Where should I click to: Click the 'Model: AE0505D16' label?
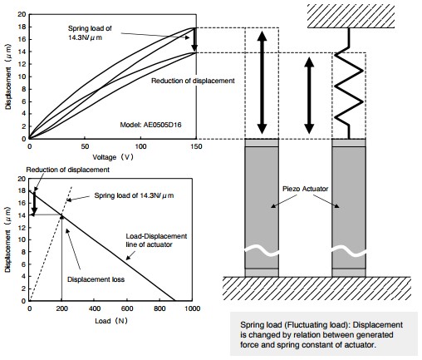click(150, 125)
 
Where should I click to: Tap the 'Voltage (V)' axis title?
click(113, 157)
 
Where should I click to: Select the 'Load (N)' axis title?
click(111, 321)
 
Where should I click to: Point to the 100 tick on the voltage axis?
click(140, 146)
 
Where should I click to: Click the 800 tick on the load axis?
click(159, 308)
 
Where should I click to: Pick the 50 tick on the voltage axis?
click(85, 146)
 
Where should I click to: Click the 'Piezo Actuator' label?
click(305, 189)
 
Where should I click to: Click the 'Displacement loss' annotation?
click(96, 279)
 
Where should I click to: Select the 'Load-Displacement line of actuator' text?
click(156, 240)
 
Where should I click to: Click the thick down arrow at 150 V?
click(194, 39)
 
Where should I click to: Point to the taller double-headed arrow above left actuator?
click(262, 83)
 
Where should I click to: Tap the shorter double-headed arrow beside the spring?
click(309, 96)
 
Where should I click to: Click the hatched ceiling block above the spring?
click(351, 16)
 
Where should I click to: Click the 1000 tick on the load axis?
click(192, 308)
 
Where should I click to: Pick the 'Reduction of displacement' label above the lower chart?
click(68, 170)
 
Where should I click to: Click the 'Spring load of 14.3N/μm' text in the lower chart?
click(134, 195)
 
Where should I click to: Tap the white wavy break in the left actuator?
click(262, 251)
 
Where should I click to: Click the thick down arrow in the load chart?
click(34, 203)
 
